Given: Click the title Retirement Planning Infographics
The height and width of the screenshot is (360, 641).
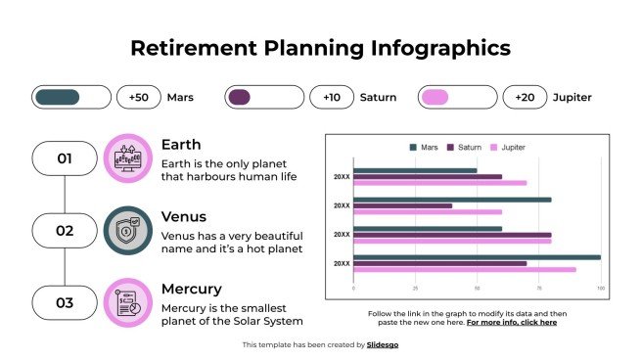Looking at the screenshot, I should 320,48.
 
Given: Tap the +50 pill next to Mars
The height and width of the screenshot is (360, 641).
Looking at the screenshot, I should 139,97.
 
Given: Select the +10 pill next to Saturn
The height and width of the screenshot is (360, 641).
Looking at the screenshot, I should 332,97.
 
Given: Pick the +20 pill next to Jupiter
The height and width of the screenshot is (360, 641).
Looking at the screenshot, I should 525,97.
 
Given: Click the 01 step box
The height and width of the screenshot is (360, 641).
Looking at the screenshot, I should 65,157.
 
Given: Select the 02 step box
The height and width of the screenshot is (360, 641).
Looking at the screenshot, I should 65,230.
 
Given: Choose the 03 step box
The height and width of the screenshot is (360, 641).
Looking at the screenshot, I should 65,302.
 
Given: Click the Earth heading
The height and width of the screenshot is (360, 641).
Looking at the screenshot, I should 181,145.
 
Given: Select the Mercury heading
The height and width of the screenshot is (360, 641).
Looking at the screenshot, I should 191,290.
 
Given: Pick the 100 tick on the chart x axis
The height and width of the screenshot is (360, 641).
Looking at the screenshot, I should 600,289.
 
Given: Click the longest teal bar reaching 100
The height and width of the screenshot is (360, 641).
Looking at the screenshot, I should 477,257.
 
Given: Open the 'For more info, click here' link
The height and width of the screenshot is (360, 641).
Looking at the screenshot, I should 511,322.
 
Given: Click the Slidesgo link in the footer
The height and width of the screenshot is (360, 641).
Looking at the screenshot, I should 383,344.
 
